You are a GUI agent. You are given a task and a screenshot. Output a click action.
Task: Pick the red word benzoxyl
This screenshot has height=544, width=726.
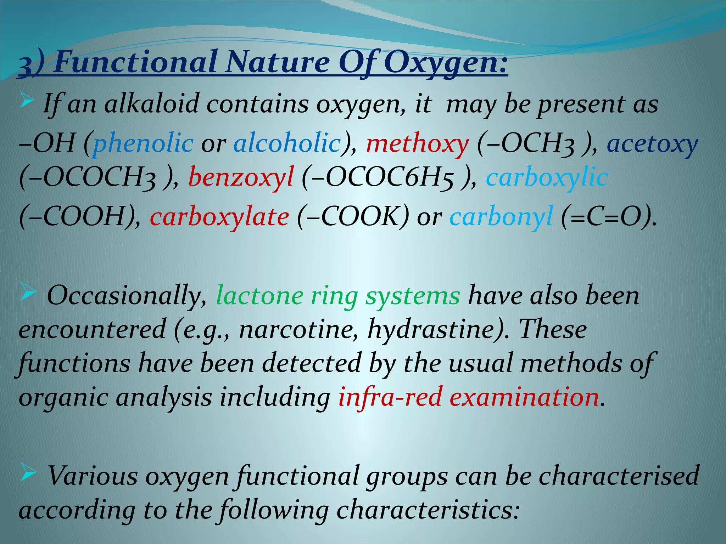pos(241,177)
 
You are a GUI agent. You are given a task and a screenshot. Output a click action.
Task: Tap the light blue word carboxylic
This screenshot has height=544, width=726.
pos(547,177)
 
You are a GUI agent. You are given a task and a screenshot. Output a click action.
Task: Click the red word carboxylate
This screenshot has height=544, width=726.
pos(219,217)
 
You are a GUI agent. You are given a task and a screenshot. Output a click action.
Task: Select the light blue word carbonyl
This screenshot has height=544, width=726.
pos(501,217)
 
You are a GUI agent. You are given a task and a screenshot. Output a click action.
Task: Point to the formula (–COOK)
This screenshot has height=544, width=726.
pos(353,217)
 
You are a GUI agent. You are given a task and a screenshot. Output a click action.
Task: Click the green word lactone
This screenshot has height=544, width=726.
pos(259,295)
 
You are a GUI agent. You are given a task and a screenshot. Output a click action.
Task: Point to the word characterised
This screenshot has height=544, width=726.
pos(619,476)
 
